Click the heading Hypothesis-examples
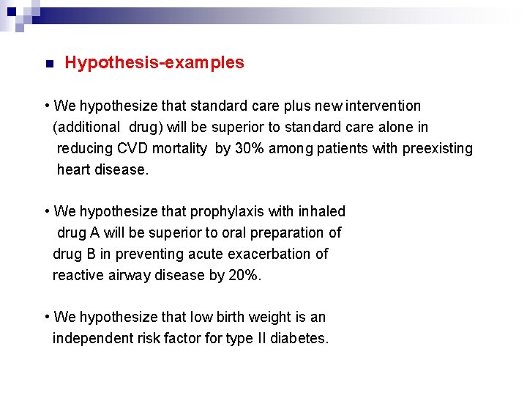click(x=154, y=63)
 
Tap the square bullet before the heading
click(x=48, y=65)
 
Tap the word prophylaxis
click(x=227, y=212)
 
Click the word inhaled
click(x=321, y=212)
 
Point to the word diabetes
click(x=299, y=339)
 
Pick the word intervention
click(x=380, y=106)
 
